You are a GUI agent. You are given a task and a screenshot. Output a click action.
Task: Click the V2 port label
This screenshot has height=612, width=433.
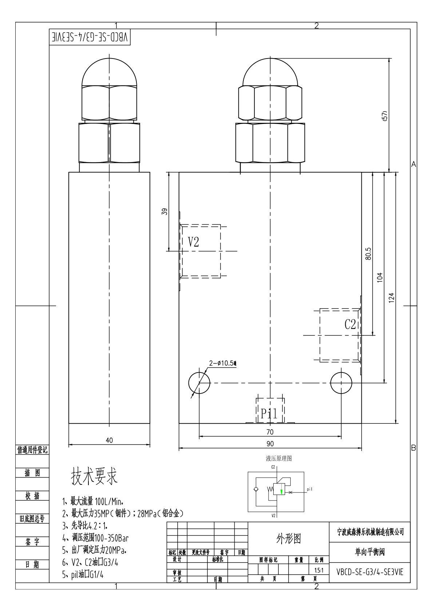(x=194, y=242)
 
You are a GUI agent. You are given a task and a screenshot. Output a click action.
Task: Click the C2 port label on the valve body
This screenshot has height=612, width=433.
(x=350, y=324)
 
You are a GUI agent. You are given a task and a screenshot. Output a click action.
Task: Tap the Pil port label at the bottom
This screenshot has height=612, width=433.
(x=269, y=414)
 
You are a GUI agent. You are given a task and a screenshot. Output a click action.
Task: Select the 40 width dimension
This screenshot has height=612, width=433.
(x=109, y=440)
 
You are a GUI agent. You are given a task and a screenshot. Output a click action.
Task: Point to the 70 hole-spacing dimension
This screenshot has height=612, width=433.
(x=270, y=432)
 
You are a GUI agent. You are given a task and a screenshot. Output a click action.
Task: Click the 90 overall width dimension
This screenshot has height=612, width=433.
(x=270, y=444)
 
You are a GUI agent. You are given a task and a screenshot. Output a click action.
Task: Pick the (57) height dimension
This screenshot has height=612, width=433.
(x=385, y=116)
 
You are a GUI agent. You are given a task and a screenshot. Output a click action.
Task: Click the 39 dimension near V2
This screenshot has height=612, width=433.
(x=164, y=212)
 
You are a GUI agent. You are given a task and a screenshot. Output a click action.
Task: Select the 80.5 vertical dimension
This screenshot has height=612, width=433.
(x=368, y=254)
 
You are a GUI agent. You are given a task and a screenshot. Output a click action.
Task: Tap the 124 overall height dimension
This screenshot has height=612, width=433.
(x=392, y=297)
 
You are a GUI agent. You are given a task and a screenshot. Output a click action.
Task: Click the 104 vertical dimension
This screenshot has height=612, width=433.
(x=380, y=278)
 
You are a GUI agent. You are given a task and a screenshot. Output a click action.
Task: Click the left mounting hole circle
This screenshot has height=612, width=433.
(x=199, y=383)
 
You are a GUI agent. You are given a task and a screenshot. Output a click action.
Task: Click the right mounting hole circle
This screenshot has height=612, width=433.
(x=341, y=383)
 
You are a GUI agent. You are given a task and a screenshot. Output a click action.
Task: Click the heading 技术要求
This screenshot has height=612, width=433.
(x=94, y=476)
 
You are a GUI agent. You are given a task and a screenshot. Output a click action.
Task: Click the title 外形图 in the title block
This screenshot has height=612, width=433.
(x=289, y=539)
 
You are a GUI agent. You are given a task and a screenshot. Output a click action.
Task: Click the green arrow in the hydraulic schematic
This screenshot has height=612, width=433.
(x=281, y=491)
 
